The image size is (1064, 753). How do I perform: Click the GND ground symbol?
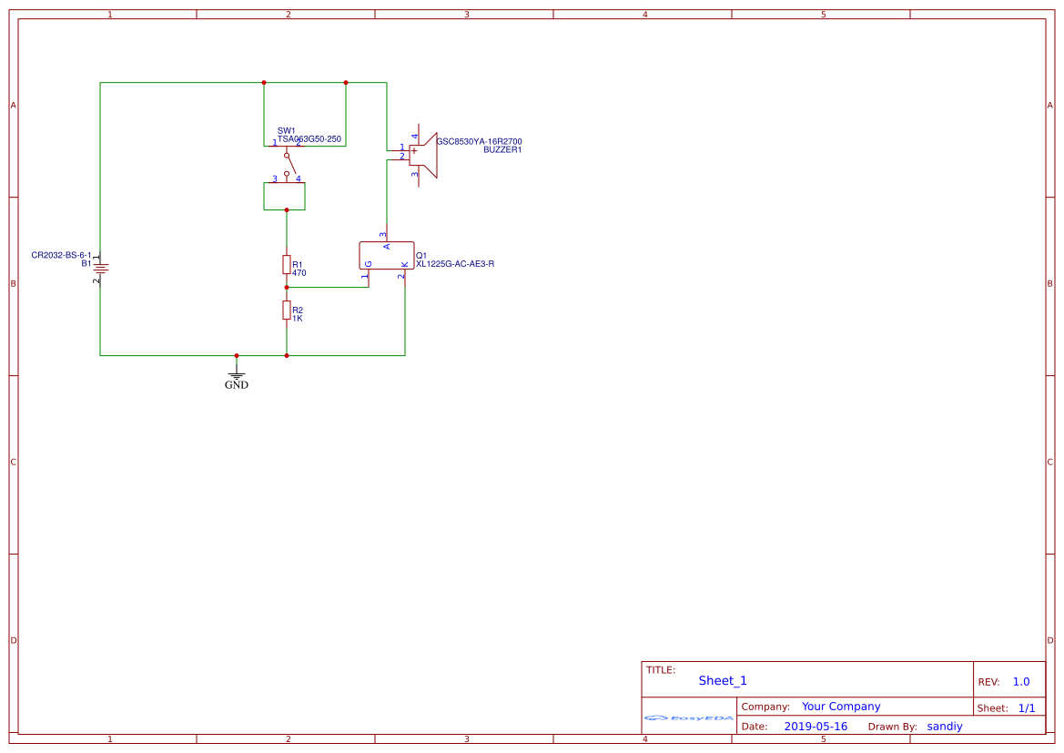[237, 374]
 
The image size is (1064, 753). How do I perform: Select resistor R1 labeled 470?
[287, 265]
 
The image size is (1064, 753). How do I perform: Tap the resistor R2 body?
[287, 310]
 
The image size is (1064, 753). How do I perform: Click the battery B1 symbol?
[100, 268]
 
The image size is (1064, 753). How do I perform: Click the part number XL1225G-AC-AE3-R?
[455, 264]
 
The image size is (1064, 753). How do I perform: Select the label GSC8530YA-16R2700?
[479, 141]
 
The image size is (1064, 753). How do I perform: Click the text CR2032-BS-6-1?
[61, 255]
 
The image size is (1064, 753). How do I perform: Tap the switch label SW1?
[286, 130]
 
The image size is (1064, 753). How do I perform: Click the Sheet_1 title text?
[723, 680]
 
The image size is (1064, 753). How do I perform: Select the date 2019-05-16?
[816, 727]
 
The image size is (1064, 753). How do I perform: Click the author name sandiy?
[945, 727]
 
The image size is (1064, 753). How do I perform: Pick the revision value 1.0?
[1021, 681]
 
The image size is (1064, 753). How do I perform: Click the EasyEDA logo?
[689, 717]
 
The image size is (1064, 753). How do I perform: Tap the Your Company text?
[841, 707]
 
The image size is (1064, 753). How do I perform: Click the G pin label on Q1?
[369, 264]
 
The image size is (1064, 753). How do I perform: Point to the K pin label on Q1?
[404, 264]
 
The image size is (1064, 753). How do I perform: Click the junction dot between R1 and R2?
[287, 288]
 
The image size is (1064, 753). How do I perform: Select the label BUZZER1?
[502, 149]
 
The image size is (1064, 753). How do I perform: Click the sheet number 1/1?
[1026, 707]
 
